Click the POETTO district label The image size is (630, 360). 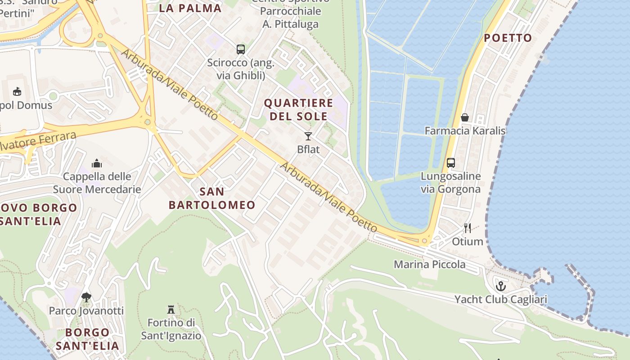click(x=508, y=38)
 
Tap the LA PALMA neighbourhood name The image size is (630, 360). click(x=191, y=8)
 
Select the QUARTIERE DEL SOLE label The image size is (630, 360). click(x=299, y=109)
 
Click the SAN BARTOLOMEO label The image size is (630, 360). click(x=212, y=198)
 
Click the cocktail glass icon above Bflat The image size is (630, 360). click(x=308, y=136)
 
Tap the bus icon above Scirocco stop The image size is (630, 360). click(x=241, y=49)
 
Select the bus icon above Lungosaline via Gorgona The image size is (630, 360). click(x=451, y=163)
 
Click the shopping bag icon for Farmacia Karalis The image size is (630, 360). click(x=465, y=118)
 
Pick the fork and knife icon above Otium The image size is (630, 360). click(x=468, y=228)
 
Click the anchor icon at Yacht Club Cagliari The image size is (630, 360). click(x=500, y=286)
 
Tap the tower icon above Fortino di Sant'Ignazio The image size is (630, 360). click(x=171, y=310)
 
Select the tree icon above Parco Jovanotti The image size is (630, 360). click(x=86, y=297)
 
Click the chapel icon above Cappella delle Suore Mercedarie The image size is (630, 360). click(x=97, y=163)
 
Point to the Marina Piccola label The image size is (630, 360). click(x=430, y=264)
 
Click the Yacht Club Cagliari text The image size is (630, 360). click(x=500, y=299)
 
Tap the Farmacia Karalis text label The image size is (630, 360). click(x=465, y=131)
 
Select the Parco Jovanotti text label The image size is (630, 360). click(x=86, y=310)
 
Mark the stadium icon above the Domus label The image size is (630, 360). click(x=17, y=92)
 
